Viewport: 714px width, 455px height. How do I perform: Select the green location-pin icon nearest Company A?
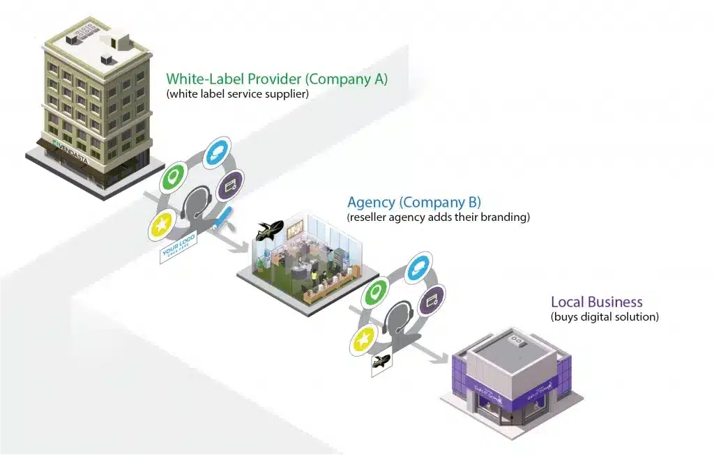[x=172, y=176]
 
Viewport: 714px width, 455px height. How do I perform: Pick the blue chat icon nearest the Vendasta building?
[x=217, y=153]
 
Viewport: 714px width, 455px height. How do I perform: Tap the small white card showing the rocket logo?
[x=381, y=362]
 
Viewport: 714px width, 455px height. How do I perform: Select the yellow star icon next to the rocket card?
[x=363, y=341]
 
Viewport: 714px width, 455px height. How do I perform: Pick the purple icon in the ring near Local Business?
[x=431, y=300]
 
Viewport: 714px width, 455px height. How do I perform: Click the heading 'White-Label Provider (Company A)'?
[x=276, y=79]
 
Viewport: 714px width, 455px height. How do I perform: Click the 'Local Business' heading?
[x=596, y=302]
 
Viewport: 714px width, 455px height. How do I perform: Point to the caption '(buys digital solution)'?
[x=604, y=317]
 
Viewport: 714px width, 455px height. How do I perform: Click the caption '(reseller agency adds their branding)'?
[x=438, y=217]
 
